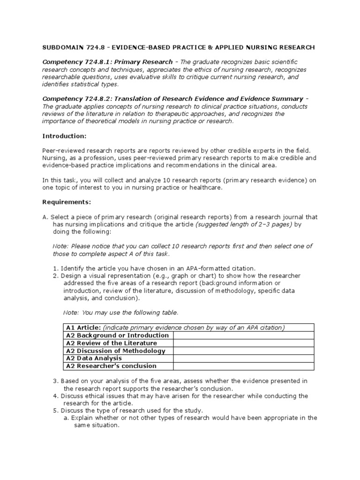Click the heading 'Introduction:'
(x=64, y=135)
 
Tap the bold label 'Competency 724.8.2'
(x=80, y=99)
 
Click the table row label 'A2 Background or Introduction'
(x=117, y=336)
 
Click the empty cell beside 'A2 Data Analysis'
(x=244, y=358)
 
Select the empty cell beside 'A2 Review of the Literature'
(x=244, y=343)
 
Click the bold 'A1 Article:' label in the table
(x=83, y=328)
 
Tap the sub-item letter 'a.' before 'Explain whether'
(x=66, y=418)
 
